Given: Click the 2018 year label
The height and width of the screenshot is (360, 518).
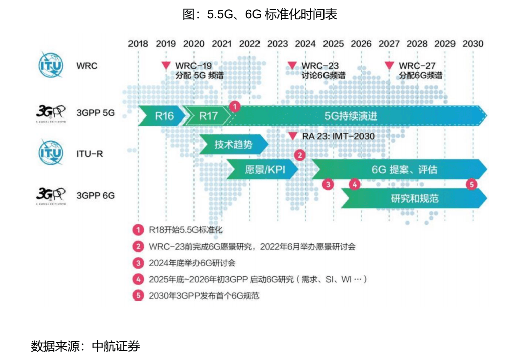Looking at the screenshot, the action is point(138,44).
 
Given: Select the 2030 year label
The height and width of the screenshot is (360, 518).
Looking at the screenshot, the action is point(473,44).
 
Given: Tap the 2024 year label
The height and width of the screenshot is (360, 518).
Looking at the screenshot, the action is point(305,44).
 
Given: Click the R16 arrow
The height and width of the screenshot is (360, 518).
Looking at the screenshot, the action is point(162,116).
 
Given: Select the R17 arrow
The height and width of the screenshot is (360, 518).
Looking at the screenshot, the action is point(207,116).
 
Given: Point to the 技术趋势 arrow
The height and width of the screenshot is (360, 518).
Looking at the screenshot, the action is point(233,144).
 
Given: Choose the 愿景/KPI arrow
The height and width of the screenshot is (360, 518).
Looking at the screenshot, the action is point(263,169).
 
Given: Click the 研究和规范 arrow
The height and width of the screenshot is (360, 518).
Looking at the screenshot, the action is point(414,198).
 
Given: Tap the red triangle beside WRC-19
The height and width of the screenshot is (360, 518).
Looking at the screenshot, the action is point(166,65).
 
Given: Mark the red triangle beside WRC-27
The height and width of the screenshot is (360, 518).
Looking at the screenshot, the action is point(390,65).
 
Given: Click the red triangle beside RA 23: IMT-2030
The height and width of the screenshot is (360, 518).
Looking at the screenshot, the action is point(292,136).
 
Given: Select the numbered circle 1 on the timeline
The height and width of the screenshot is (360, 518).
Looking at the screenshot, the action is point(235,107).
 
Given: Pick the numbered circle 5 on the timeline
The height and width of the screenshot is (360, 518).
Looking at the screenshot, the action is point(472,184).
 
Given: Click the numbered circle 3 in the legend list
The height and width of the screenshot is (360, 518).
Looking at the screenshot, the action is point(138,263).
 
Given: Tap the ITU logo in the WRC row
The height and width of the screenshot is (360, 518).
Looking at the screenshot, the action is point(50,65).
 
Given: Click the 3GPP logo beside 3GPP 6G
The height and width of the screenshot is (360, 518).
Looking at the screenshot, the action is point(50,196).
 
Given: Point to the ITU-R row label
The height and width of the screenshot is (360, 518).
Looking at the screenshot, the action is point(90,154).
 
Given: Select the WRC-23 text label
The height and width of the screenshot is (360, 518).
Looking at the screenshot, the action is point(320,66).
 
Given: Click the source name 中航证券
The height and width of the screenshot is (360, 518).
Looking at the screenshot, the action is point(115,346).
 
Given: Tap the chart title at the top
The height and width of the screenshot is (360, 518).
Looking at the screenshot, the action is point(260,14).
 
